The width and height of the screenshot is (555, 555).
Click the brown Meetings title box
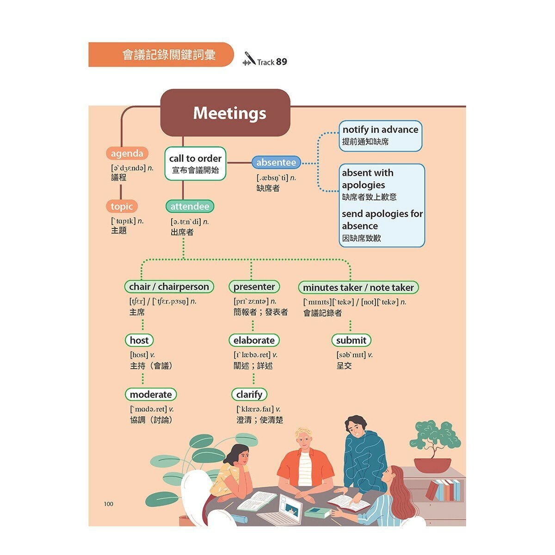[225, 112]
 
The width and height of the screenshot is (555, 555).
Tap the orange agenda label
[127, 153]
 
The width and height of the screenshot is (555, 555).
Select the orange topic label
[122, 206]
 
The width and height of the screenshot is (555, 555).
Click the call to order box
[195, 164]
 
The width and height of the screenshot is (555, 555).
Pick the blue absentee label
[276, 162]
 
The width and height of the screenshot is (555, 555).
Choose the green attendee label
[190, 206]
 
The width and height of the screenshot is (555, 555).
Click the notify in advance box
[381, 136]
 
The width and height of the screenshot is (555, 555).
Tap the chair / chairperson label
[169, 287]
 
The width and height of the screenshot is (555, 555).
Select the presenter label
[254, 287]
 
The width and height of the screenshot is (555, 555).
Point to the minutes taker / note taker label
[358, 287]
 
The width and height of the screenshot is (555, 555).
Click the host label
[139, 340]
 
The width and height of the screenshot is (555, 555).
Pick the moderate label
[151, 395]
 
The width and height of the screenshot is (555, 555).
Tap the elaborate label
[254, 340]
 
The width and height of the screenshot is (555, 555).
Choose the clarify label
[249, 395]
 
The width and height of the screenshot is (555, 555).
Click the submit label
[351, 340]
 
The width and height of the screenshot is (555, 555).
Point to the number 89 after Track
[281, 62]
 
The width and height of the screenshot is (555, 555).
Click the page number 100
[109, 504]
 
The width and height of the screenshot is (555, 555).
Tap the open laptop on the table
[282, 510]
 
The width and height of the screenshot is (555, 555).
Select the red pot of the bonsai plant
[432, 465]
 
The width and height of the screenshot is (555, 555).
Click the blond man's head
[303, 441]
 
